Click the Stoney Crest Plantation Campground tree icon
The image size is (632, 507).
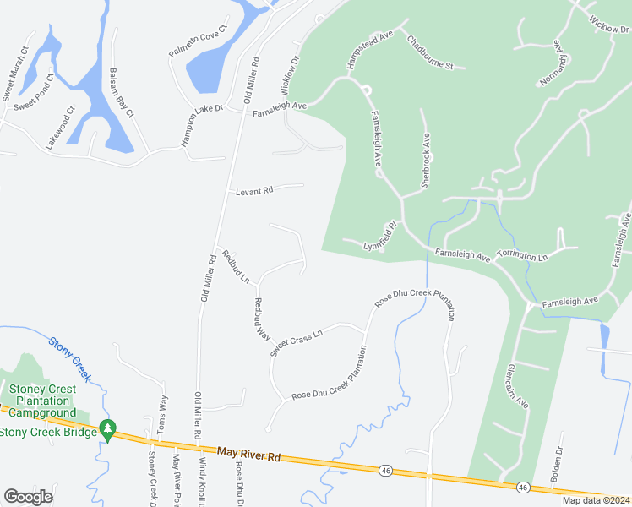(106, 429)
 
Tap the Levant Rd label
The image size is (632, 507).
(254, 191)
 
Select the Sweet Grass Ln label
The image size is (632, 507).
(297, 342)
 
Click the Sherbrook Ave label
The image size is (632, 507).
(426, 160)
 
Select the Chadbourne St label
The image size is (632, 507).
(430, 52)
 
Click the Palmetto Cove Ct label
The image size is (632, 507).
(199, 41)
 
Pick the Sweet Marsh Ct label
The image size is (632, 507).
(15, 70)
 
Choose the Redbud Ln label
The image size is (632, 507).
(234, 264)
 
